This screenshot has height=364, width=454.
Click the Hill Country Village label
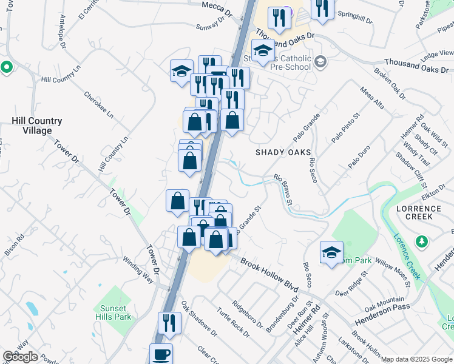pyautogui.click(x=36, y=126)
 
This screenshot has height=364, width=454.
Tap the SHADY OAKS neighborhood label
pyautogui.click(x=283, y=152)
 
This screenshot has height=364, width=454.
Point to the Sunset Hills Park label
pyautogui.click(x=113, y=312)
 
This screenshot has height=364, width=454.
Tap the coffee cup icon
pyautogui.click(x=161, y=354)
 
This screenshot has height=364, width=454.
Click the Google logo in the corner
pyautogui.click(x=20, y=357)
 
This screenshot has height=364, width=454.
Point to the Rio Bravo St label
pyautogui.click(x=283, y=189)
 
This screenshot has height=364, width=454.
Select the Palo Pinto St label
pyautogui.click(x=345, y=127)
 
